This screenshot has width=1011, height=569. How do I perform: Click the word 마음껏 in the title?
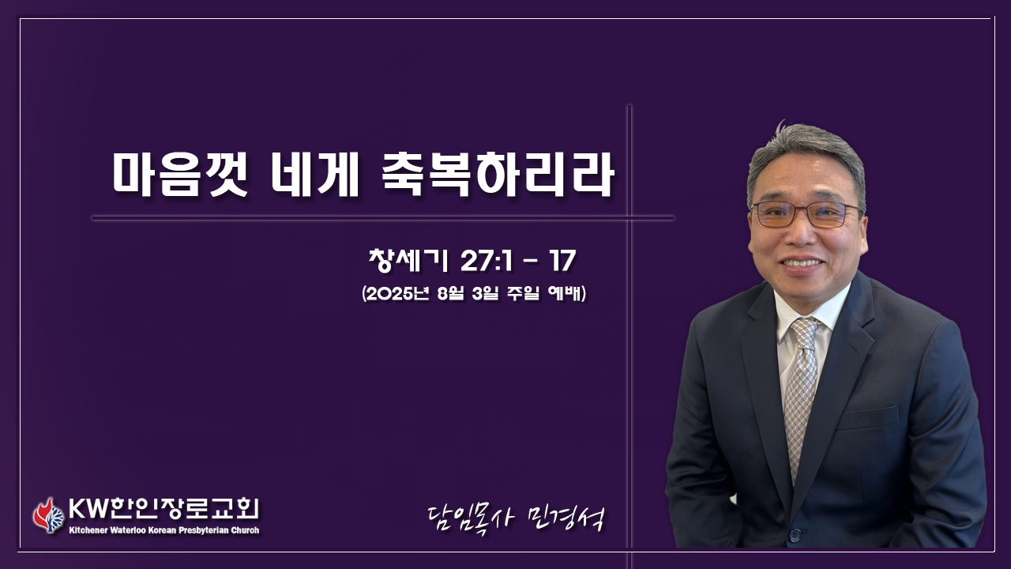[x=181, y=175]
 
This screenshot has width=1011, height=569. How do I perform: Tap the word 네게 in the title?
[x=315, y=175]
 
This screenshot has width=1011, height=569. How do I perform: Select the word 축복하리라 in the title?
[x=498, y=175]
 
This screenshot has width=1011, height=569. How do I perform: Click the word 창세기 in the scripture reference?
[x=409, y=261]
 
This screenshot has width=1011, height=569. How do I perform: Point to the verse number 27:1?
[x=487, y=261]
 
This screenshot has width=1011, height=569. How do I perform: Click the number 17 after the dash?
[x=562, y=261]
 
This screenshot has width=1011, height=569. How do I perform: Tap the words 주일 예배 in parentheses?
[x=545, y=294]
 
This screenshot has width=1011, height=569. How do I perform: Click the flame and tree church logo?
[x=48, y=516]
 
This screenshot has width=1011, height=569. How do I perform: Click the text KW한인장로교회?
[x=163, y=510]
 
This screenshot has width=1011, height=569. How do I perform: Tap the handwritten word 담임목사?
[x=470, y=520]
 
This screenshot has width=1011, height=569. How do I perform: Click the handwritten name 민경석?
[x=565, y=520]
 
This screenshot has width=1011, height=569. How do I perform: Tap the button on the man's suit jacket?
[x=794, y=537]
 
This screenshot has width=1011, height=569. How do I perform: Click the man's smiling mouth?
[x=802, y=263]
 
